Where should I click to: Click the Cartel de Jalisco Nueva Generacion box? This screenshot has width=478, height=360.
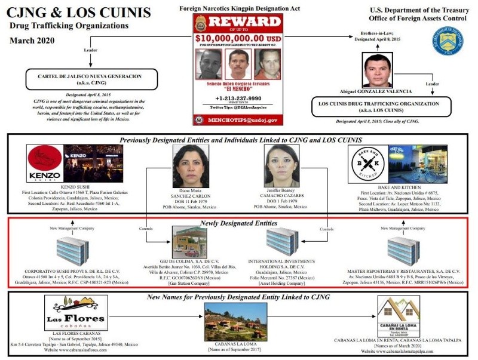pos(91,79)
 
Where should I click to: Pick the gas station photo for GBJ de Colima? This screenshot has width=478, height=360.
pos(189,242)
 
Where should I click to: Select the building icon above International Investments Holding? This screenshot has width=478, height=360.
pos(281,242)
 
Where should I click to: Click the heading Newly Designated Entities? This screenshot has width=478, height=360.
pos(239,223)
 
